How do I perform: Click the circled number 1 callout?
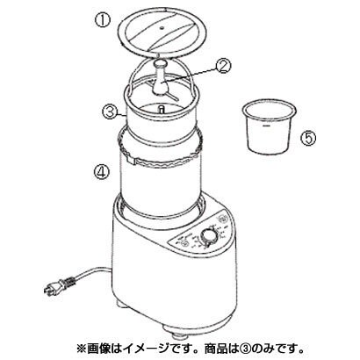(x=103, y=21)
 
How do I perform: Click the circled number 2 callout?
(x=223, y=66)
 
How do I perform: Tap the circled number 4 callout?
(x=101, y=171)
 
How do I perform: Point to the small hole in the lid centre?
(x=162, y=28)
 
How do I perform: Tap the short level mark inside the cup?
(x=266, y=126)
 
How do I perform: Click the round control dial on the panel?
(x=209, y=237)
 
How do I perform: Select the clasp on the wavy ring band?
(x=130, y=159)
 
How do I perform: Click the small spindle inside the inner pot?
(x=161, y=109)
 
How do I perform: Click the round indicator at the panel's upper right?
(x=223, y=218)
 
